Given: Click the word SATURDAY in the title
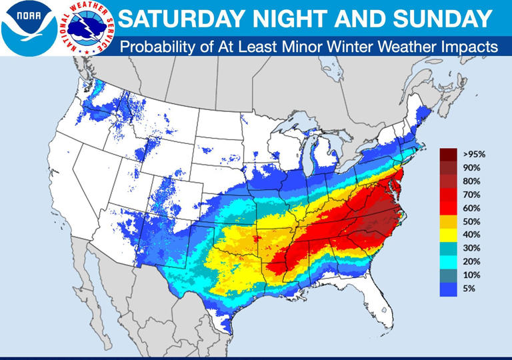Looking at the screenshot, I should [x=175, y=19].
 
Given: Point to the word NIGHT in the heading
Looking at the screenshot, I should [x=275, y=19].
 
